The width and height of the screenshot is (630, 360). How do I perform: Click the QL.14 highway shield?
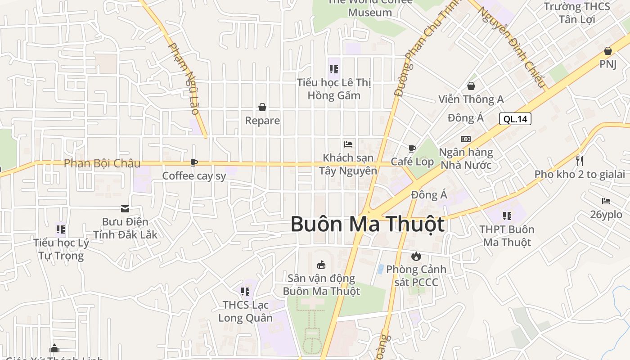click(515, 119)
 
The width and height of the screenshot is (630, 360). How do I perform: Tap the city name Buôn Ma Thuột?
click(367, 224)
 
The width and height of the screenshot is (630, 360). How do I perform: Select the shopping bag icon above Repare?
click(262, 107)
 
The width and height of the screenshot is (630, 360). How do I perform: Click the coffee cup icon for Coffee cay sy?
click(194, 162)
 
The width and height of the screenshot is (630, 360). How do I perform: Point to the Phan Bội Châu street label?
click(102, 163)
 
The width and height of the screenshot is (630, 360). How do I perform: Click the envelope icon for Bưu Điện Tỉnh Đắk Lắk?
click(125, 209)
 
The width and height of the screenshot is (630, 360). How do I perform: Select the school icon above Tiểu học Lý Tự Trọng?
click(61, 229)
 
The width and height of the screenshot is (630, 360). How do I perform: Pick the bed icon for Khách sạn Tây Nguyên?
click(348, 144)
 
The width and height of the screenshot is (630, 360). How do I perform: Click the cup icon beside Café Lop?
click(412, 148)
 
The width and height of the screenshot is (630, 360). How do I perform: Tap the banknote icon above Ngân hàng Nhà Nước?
click(466, 139)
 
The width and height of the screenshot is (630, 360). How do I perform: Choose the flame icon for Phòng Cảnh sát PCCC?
click(416, 256)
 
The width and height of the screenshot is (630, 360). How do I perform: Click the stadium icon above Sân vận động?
click(321, 265)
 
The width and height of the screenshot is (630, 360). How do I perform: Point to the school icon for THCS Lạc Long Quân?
click(245, 292)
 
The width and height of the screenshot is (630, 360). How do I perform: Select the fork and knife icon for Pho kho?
click(580, 161)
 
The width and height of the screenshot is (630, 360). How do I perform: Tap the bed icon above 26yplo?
click(606, 201)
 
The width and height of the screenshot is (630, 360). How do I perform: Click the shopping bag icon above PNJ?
click(608, 51)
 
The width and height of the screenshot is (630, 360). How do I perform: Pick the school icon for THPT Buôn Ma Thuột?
click(507, 216)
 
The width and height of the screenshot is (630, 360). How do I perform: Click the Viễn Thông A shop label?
click(471, 99)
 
